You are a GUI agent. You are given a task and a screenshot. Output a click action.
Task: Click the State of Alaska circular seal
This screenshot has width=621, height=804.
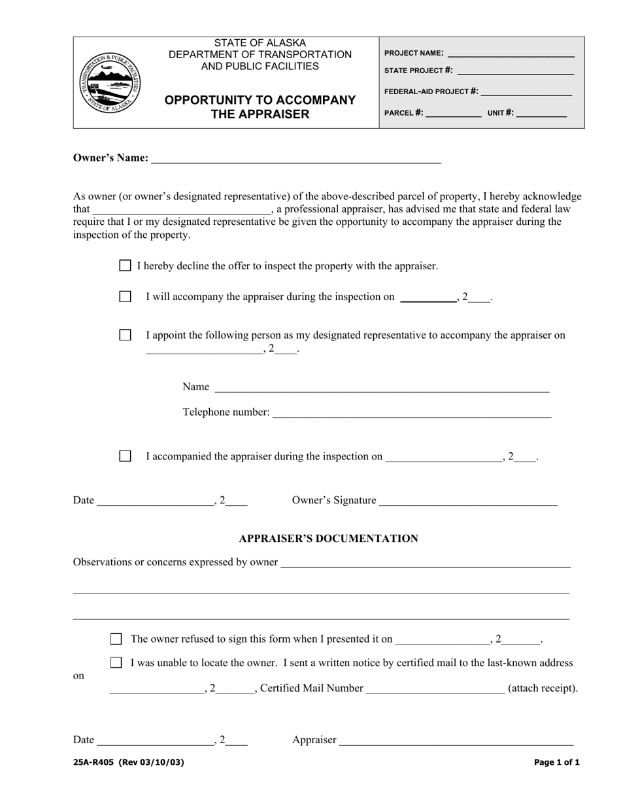[109, 82]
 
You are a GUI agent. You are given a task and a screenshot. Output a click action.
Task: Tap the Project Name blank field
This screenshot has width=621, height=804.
[511, 55]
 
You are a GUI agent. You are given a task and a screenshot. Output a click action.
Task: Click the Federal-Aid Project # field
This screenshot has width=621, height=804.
[526, 93]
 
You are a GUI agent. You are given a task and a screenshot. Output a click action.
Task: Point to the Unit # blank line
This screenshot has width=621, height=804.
[541, 114]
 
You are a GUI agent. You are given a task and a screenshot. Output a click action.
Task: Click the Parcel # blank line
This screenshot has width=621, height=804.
[454, 114]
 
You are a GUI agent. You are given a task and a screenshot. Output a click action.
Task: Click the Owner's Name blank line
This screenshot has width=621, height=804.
[296, 159]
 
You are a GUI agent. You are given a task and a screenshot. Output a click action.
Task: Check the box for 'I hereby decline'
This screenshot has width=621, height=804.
[125, 265]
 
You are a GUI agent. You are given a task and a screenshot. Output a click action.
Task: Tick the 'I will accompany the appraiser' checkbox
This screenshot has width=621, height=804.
[125, 296]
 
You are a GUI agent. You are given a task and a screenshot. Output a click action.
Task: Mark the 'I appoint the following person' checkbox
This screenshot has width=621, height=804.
[125, 335]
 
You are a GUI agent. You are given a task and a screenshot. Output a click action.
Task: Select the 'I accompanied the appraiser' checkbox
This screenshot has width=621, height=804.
[125, 456]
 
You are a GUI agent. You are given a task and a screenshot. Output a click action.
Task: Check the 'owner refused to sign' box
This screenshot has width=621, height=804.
[116, 639]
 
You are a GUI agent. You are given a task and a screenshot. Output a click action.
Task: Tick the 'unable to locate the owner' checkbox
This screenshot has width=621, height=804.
[116, 662]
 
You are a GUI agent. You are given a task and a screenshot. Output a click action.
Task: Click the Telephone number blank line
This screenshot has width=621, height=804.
[411, 414]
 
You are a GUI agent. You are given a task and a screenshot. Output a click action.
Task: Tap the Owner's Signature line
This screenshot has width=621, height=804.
[468, 502]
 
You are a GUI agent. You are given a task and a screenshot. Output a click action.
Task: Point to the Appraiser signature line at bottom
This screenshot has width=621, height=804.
[456, 742]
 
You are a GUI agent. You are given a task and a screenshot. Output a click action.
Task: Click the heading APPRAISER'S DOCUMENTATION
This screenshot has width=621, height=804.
[328, 539]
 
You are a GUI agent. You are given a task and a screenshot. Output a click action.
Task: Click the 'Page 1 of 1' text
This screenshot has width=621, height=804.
[556, 762]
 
